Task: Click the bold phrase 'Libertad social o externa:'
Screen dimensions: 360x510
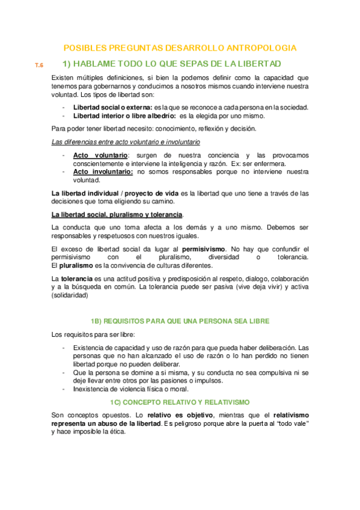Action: coord(112,107)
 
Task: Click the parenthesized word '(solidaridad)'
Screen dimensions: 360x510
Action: coord(70,295)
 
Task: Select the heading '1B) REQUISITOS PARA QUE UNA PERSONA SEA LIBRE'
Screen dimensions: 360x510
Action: coord(180,322)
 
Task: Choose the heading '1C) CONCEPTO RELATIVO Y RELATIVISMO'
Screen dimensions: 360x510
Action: coord(179,401)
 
